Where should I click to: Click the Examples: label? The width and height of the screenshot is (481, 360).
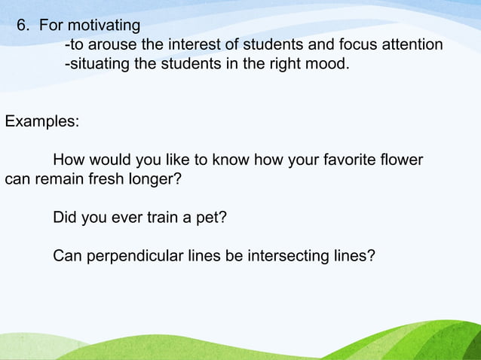(41, 122)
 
